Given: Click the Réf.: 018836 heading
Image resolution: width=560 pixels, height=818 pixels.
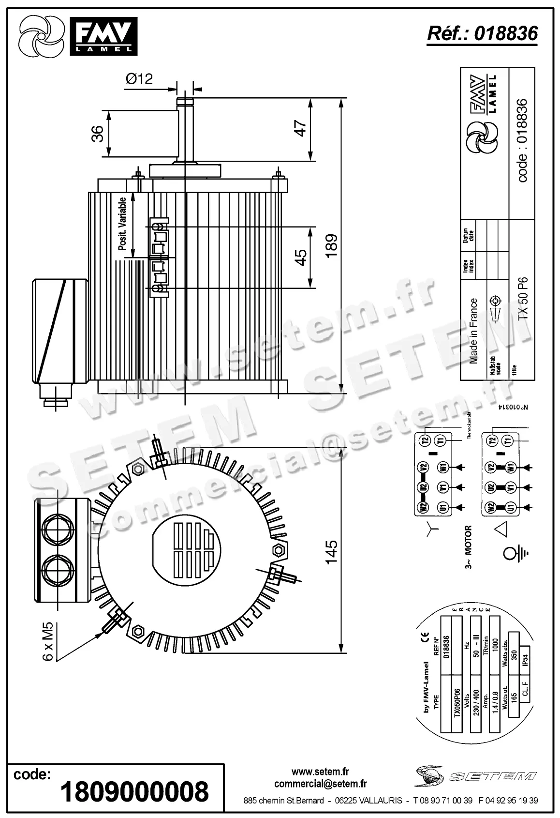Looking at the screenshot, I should click(482, 33).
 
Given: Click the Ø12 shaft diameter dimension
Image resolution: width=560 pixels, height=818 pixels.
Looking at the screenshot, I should click(139, 78).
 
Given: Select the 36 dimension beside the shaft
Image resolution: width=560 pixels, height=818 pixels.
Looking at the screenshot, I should click(97, 134).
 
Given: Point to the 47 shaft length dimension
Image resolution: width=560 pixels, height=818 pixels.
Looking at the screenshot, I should click(301, 129).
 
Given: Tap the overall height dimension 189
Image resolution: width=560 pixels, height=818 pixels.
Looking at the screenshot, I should click(332, 246).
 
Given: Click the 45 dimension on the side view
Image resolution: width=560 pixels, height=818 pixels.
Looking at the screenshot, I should click(301, 257).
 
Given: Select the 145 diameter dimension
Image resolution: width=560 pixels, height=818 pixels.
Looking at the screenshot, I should click(332, 552).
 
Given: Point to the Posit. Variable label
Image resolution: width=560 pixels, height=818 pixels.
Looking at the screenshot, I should click(123, 224).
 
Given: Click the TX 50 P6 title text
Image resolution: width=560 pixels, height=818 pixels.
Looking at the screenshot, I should click(523, 298).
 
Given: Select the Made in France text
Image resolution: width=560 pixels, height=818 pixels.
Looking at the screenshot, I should click(473, 331).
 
